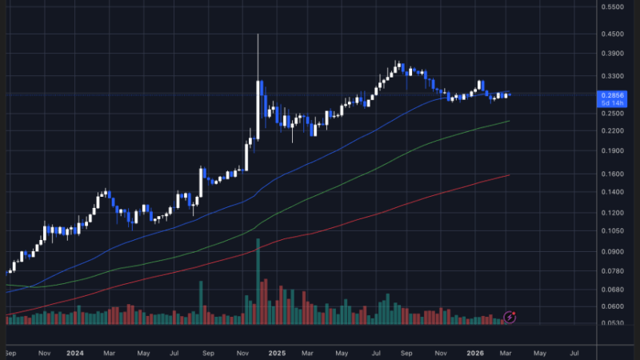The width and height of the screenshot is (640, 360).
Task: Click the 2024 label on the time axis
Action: point(75,352)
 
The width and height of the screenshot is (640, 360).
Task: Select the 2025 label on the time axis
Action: point(277,352)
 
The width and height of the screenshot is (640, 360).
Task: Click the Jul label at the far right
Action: point(574,352)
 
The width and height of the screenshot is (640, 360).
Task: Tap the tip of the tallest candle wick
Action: point(258,34)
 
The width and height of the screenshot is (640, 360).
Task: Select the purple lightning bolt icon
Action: point(510,318)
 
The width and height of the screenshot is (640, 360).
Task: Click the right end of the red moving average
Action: point(510,175)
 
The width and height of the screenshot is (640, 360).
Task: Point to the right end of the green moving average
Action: point(510,122)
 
